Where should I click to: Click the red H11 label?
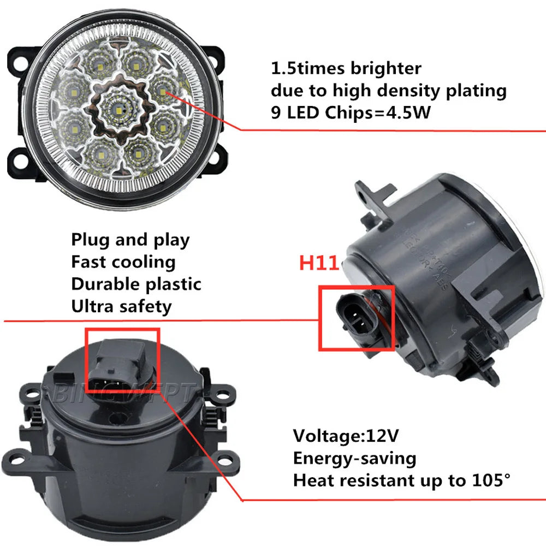coord(319,263)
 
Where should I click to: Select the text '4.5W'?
coord(418,112)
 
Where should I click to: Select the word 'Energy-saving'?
coord(354,458)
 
